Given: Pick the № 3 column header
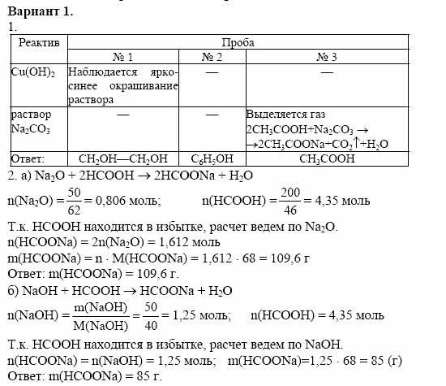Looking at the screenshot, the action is [326, 56].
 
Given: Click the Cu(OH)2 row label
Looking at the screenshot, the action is [32, 73].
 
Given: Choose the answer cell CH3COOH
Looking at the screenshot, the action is [326, 159].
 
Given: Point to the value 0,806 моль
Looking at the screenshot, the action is [130, 200].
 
